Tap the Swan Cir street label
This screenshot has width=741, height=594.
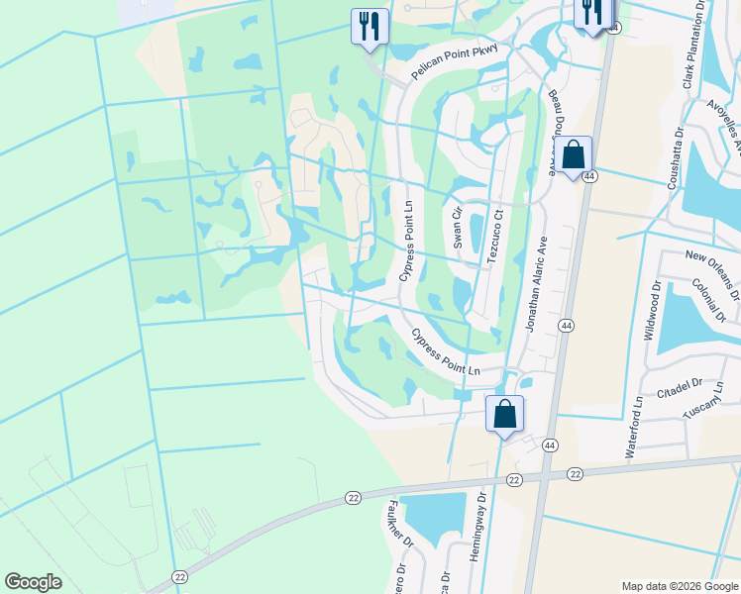pyautogui.click(x=458, y=227)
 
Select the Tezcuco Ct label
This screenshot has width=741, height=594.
pyautogui.click(x=493, y=236)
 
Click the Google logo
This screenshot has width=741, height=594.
pyautogui.click(x=33, y=582)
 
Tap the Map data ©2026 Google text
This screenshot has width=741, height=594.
pyautogui.click(x=680, y=586)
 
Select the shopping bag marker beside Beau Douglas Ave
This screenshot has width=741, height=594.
pyautogui.click(x=573, y=156)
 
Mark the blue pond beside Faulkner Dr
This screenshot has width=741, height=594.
pyautogui.click(x=435, y=516)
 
